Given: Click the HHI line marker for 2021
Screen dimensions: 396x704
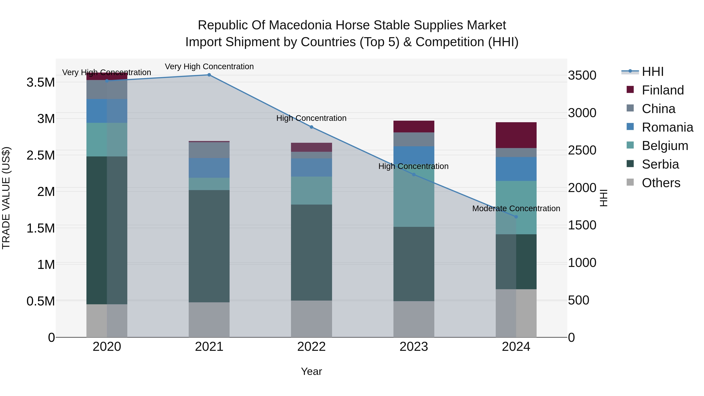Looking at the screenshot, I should tap(209, 75).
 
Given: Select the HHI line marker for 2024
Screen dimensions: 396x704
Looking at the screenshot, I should tap(516, 217).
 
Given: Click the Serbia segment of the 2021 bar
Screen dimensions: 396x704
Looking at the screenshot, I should tap(209, 246).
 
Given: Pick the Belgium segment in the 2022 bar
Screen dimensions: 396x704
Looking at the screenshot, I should tap(311, 190).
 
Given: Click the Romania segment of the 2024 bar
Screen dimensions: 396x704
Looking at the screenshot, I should tap(516, 169).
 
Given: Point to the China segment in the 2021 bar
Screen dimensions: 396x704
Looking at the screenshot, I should tap(209, 150).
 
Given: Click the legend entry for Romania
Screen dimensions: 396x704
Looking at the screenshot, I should tap(667, 127).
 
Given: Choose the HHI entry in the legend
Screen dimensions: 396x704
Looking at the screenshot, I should tap(652, 72).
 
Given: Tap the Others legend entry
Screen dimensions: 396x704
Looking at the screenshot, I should tap(661, 183).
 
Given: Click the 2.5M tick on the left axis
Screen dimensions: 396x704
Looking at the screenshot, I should tap(41, 155).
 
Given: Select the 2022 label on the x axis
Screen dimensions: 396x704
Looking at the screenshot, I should tap(311, 347).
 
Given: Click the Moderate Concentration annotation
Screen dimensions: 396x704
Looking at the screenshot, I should tap(516, 208).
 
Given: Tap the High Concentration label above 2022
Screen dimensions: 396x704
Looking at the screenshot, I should tap(311, 118).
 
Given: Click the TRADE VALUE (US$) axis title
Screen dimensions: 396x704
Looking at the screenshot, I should tap(6, 198).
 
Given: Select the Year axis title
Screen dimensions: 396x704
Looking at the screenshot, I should tap(311, 371).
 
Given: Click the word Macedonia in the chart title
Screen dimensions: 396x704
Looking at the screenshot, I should tap(301, 25).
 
